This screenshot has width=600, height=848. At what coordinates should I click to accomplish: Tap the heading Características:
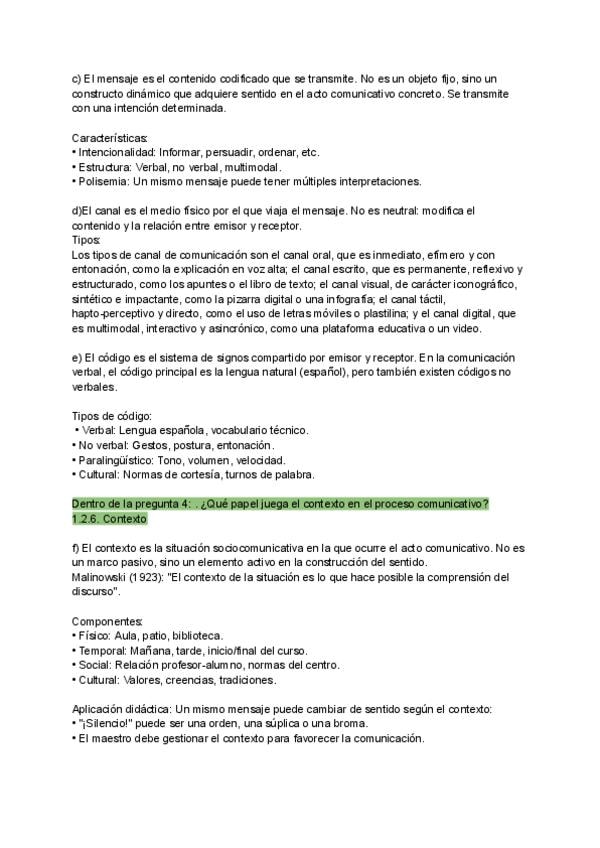point(110,137)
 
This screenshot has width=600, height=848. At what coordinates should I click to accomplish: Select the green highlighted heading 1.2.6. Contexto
point(110,520)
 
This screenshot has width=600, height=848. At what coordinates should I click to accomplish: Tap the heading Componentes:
point(108,621)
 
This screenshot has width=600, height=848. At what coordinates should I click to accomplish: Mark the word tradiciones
point(240,680)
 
